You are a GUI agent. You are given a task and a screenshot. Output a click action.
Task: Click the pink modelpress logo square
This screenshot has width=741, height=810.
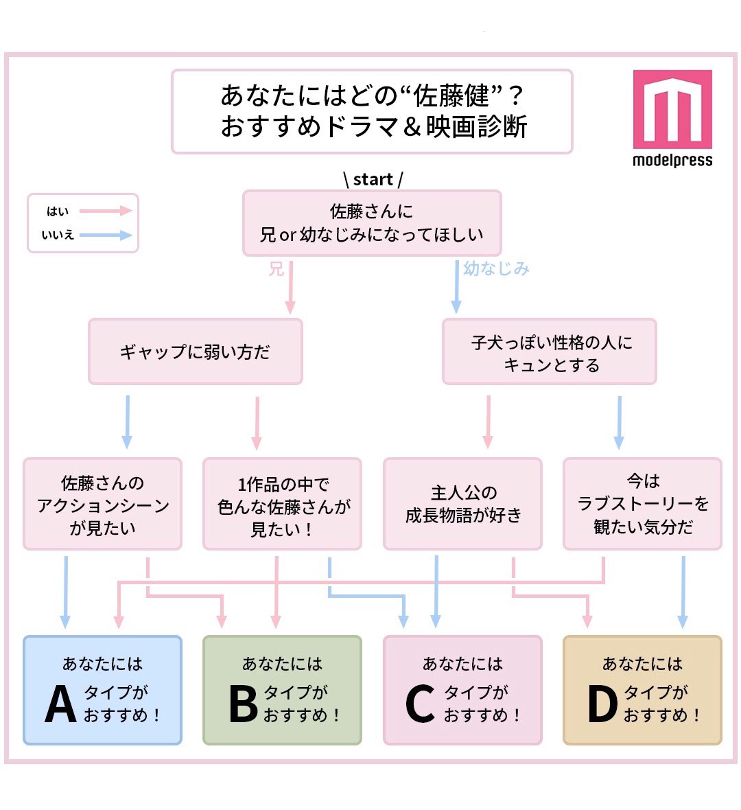pyautogui.click(x=672, y=108)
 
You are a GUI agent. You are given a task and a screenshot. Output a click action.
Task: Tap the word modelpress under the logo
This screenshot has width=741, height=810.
pyautogui.click(x=672, y=161)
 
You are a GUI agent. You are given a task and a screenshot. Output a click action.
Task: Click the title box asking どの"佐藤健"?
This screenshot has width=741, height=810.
pyautogui.click(x=372, y=111)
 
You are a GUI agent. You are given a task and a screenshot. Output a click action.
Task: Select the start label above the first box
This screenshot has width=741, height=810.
pyautogui.click(x=373, y=179)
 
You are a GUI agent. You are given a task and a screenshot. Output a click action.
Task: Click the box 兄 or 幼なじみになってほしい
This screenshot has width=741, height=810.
pyautogui.click(x=372, y=223)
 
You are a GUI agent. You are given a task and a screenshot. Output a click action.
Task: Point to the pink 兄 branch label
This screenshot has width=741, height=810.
pyautogui.click(x=276, y=269)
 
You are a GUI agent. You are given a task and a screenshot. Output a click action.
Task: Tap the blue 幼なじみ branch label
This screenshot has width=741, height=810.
pyautogui.click(x=496, y=268)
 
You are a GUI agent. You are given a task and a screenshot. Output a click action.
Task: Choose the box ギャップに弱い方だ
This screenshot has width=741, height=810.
pyautogui.click(x=196, y=351)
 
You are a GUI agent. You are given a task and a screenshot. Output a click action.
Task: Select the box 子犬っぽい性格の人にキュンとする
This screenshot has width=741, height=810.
pyautogui.click(x=550, y=351)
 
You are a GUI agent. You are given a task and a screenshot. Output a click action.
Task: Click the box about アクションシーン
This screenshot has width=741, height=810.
pyautogui.click(x=103, y=505)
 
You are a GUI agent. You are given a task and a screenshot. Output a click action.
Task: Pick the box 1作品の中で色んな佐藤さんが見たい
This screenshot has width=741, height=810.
pyautogui.click(x=282, y=505)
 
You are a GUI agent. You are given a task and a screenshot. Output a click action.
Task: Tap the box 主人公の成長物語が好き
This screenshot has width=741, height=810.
pyautogui.click(x=462, y=505)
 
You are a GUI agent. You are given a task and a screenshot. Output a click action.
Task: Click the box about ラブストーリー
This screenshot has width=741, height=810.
pyautogui.click(x=642, y=505)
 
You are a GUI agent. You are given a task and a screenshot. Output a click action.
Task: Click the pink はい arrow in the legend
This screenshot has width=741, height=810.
pyautogui.click(x=106, y=211)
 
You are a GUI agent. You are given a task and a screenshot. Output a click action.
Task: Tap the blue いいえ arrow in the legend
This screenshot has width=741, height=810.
pyautogui.click(x=106, y=235)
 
